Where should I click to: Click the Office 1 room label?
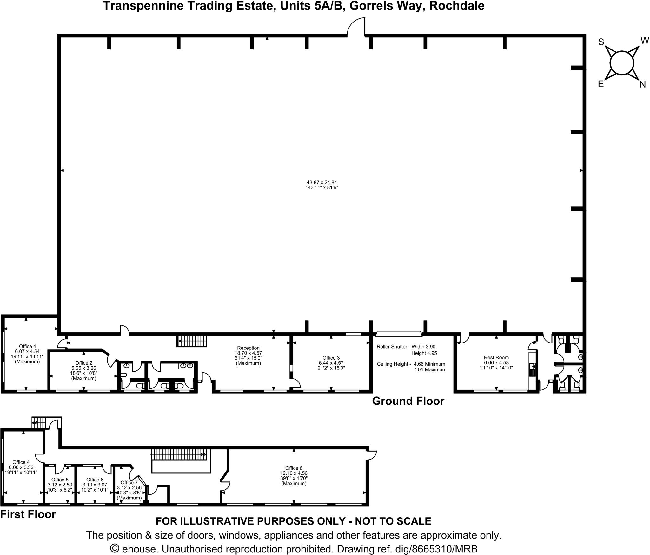[26, 346]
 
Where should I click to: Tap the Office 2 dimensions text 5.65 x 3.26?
[84, 368]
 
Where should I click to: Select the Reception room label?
[248, 348]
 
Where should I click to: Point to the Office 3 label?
[331, 358]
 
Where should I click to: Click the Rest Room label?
[496, 357]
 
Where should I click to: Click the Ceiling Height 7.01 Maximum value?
[430, 369]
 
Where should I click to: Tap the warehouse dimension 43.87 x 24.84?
[322, 182]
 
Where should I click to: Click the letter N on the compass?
[642, 85]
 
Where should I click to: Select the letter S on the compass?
[601, 42]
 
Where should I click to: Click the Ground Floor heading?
[408, 401]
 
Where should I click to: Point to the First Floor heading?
[28, 514]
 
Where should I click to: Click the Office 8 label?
[294, 468]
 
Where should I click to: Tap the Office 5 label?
[60, 480]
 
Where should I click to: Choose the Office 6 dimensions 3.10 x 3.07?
[95, 485]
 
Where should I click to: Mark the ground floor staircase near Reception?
[192, 341]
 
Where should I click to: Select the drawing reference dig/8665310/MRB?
[407, 549]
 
